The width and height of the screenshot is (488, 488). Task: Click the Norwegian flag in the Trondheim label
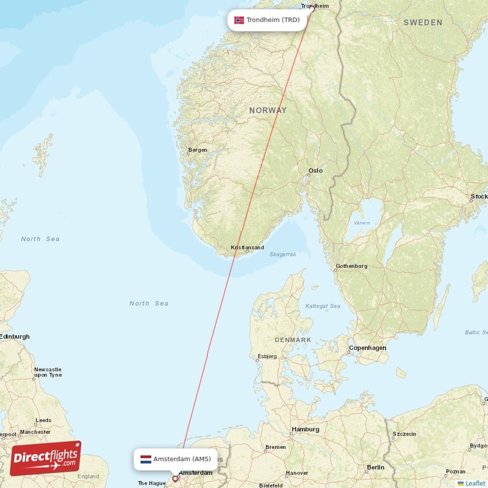[239, 20]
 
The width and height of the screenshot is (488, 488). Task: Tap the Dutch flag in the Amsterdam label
[146, 459]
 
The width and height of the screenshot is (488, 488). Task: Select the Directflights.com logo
[46, 458]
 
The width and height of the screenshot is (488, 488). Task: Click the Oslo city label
[315, 171]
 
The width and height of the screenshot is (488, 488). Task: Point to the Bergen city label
[198, 150]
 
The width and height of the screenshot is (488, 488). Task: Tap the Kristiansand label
[247, 248]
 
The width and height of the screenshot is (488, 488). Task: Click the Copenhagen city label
[367, 348]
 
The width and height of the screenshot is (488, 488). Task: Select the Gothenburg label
[351, 266]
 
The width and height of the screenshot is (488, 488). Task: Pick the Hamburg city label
[305, 429]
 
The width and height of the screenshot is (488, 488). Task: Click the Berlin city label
[376, 467]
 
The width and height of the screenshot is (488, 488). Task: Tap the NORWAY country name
[267, 110]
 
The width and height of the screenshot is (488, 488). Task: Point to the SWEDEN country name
[423, 23]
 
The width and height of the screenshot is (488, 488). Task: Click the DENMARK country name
[293, 340]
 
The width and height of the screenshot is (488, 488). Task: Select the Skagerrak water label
[282, 254]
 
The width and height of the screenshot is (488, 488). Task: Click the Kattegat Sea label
[323, 306]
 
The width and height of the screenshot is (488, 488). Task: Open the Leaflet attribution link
[476, 483]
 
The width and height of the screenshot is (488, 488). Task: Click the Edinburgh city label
[15, 336]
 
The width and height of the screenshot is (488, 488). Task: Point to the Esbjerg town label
[267, 356]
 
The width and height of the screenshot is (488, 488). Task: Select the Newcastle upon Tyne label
[48, 372]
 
